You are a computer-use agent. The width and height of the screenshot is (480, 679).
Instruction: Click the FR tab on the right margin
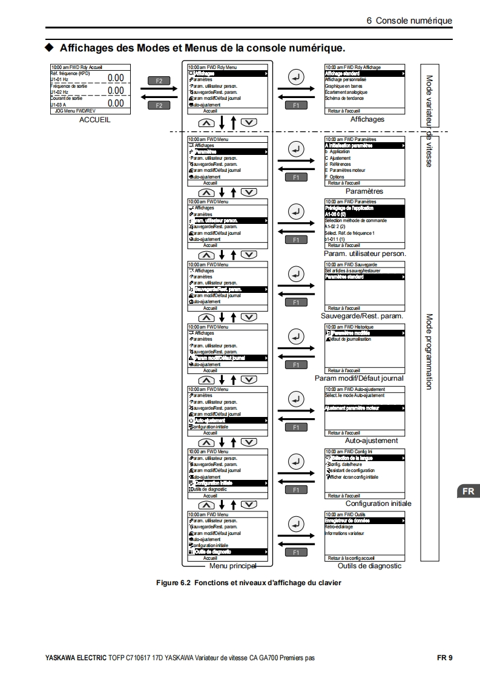click(468, 491)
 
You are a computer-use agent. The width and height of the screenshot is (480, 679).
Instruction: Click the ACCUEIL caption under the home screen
click(96, 120)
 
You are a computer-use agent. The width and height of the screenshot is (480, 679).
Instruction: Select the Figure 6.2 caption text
click(248, 583)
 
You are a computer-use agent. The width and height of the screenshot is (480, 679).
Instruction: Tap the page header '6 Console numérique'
click(409, 21)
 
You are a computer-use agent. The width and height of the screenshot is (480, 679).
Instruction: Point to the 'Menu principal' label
click(232, 566)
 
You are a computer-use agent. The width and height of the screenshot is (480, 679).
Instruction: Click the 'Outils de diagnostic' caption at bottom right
click(369, 566)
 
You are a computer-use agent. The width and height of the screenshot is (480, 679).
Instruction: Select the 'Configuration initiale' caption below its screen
click(378, 503)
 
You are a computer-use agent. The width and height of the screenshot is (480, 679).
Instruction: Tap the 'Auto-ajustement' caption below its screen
click(371, 441)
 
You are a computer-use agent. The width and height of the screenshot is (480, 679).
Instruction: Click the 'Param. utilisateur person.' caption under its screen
click(364, 254)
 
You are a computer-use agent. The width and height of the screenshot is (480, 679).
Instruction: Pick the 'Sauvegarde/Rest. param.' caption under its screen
click(362, 316)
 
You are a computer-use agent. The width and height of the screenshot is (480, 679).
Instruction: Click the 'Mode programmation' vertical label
click(429, 351)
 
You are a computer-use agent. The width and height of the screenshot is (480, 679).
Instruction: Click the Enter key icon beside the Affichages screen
click(295, 77)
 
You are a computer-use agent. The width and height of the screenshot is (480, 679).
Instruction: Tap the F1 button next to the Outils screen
click(296, 552)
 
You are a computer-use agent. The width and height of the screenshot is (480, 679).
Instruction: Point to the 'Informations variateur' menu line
click(344, 533)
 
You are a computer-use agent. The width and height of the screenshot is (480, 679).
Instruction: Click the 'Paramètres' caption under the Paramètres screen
click(364, 191)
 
